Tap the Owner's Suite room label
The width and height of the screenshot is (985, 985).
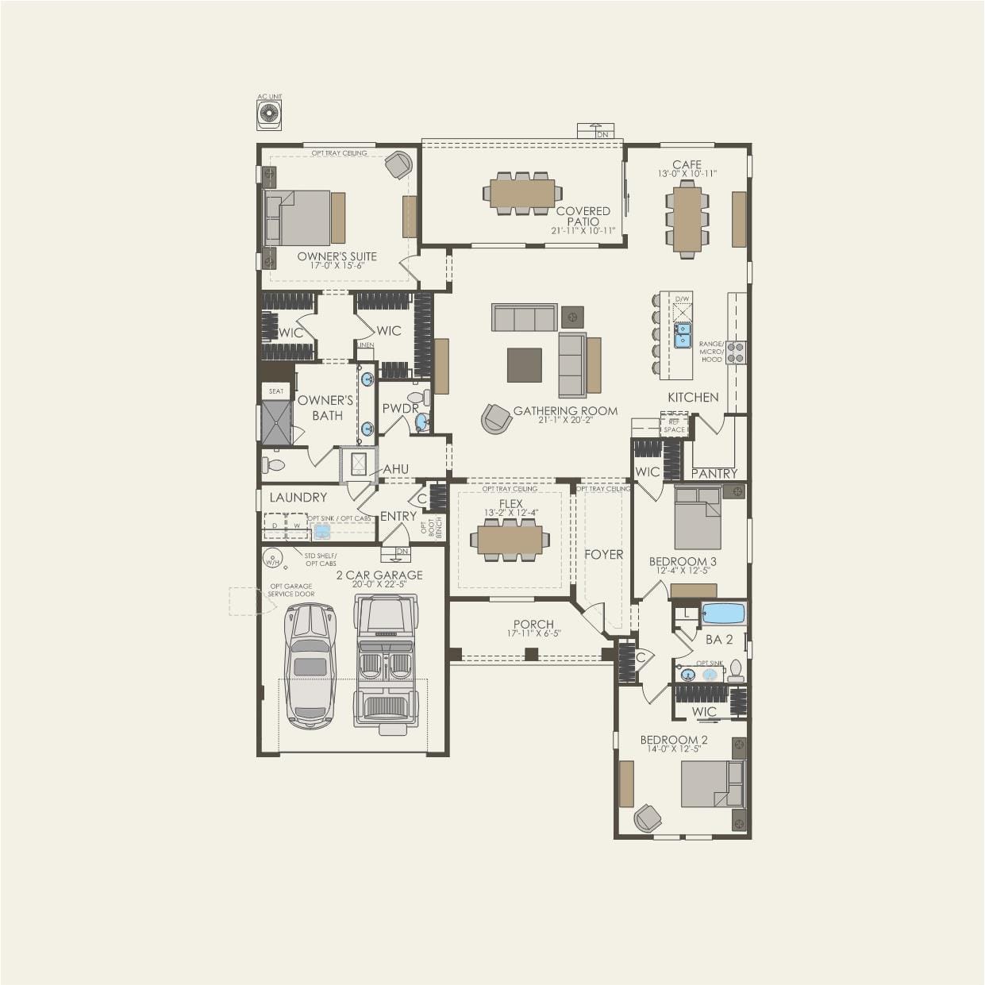pyautogui.click(x=337, y=256)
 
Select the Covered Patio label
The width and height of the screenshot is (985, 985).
pyautogui.click(x=583, y=216)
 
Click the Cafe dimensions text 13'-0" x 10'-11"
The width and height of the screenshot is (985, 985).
pyautogui.click(x=687, y=174)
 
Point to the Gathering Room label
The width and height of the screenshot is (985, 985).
pyautogui.click(x=565, y=410)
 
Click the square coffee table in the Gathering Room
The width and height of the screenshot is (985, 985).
pyautogui.click(x=525, y=365)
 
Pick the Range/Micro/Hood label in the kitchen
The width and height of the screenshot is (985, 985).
pyautogui.click(x=711, y=352)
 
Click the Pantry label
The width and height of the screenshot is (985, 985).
pyautogui.click(x=714, y=473)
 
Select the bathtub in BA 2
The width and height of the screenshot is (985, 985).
pyautogui.click(x=723, y=614)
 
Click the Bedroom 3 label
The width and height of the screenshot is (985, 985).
pyautogui.click(x=683, y=562)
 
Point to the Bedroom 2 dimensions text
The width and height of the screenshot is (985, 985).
pyautogui.click(x=674, y=748)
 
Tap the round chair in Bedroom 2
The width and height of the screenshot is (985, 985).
pyautogui.click(x=647, y=818)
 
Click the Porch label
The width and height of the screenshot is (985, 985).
pyautogui.click(x=533, y=625)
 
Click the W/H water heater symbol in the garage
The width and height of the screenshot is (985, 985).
pyautogui.click(x=272, y=560)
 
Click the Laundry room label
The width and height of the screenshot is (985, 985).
pyautogui.click(x=298, y=498)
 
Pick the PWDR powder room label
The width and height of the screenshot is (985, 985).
pyautogui.click(x=400, y=409)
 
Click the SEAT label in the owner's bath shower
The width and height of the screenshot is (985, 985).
pyautogui.click(x=276, y=391)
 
